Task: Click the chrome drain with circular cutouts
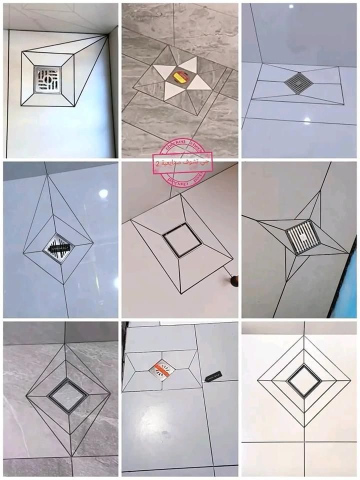click(x=47, y=79)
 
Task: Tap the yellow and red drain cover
click(x=181, y=76)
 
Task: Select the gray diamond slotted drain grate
click(x=298, y=83)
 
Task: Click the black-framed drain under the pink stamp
click(x=182, y=240)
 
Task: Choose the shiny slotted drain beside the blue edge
click(x=303, y=236)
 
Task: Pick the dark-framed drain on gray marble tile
click(x=68, y=395)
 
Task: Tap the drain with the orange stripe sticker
click(x=162, y=370)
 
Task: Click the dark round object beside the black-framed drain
click(x=234, y=281)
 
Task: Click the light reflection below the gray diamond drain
click(x=306, y=120)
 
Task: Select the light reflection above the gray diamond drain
click(x=291, y=6)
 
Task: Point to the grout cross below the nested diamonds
click(x=303, y=442)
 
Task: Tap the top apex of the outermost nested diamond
click(x=303, y=335)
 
